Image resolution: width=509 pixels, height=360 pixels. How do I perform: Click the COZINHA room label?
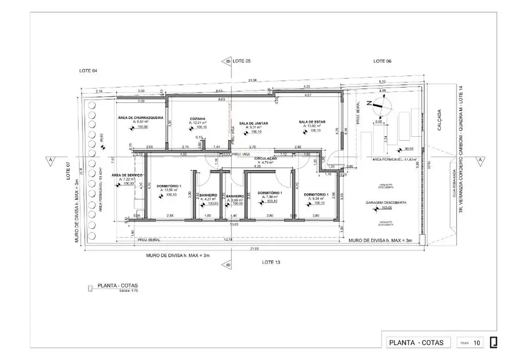click(198, 119)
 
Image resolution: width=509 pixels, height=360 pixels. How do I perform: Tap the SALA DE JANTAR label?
click(254, 123)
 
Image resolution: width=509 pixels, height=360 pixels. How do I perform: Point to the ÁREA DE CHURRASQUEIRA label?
click(140, 118)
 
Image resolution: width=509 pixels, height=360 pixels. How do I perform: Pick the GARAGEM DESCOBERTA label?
click(386, 203)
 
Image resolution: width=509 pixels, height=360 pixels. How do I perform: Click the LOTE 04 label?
click(88, 71)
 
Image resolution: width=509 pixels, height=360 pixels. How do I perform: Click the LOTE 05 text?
click(242, 60)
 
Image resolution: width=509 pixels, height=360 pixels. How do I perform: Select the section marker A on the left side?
click(51, 160)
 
